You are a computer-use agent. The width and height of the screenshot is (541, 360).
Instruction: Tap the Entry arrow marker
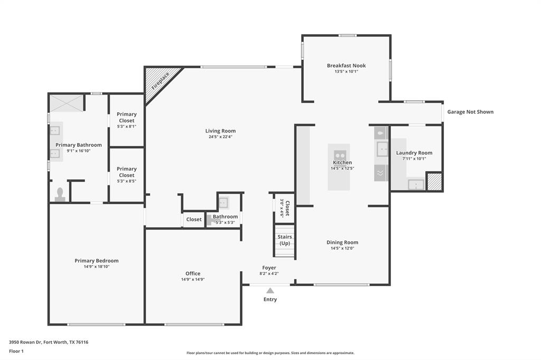tap(270, 290)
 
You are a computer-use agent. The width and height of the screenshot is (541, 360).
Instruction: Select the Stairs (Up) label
tap(285, 240)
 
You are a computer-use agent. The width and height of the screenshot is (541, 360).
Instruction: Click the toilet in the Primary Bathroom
tap(60, 194)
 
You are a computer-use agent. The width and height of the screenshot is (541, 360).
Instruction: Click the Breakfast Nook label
tap(346, 65)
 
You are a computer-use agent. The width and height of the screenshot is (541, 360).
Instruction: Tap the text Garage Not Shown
tap(470, 112)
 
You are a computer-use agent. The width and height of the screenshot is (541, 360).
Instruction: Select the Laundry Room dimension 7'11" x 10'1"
tap(414, 158)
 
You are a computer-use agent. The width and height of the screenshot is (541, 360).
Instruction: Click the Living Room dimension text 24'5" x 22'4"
tap(220, 137)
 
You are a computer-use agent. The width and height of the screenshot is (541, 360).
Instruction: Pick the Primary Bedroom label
tap(96, 261)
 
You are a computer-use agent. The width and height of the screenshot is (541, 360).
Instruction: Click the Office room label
tap(193, 273)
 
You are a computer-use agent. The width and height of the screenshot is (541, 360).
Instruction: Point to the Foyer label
tap(269, 268)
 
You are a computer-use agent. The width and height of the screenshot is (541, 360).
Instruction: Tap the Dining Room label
tap(342, 243)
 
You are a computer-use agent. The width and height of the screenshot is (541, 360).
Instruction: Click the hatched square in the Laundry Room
tap(434, 181)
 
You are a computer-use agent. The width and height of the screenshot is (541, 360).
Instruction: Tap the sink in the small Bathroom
tap(223, 202)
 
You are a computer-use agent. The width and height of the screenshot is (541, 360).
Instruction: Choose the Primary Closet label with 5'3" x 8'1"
tap(126, 117)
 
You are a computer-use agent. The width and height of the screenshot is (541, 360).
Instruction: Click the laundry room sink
tap(416, 184)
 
